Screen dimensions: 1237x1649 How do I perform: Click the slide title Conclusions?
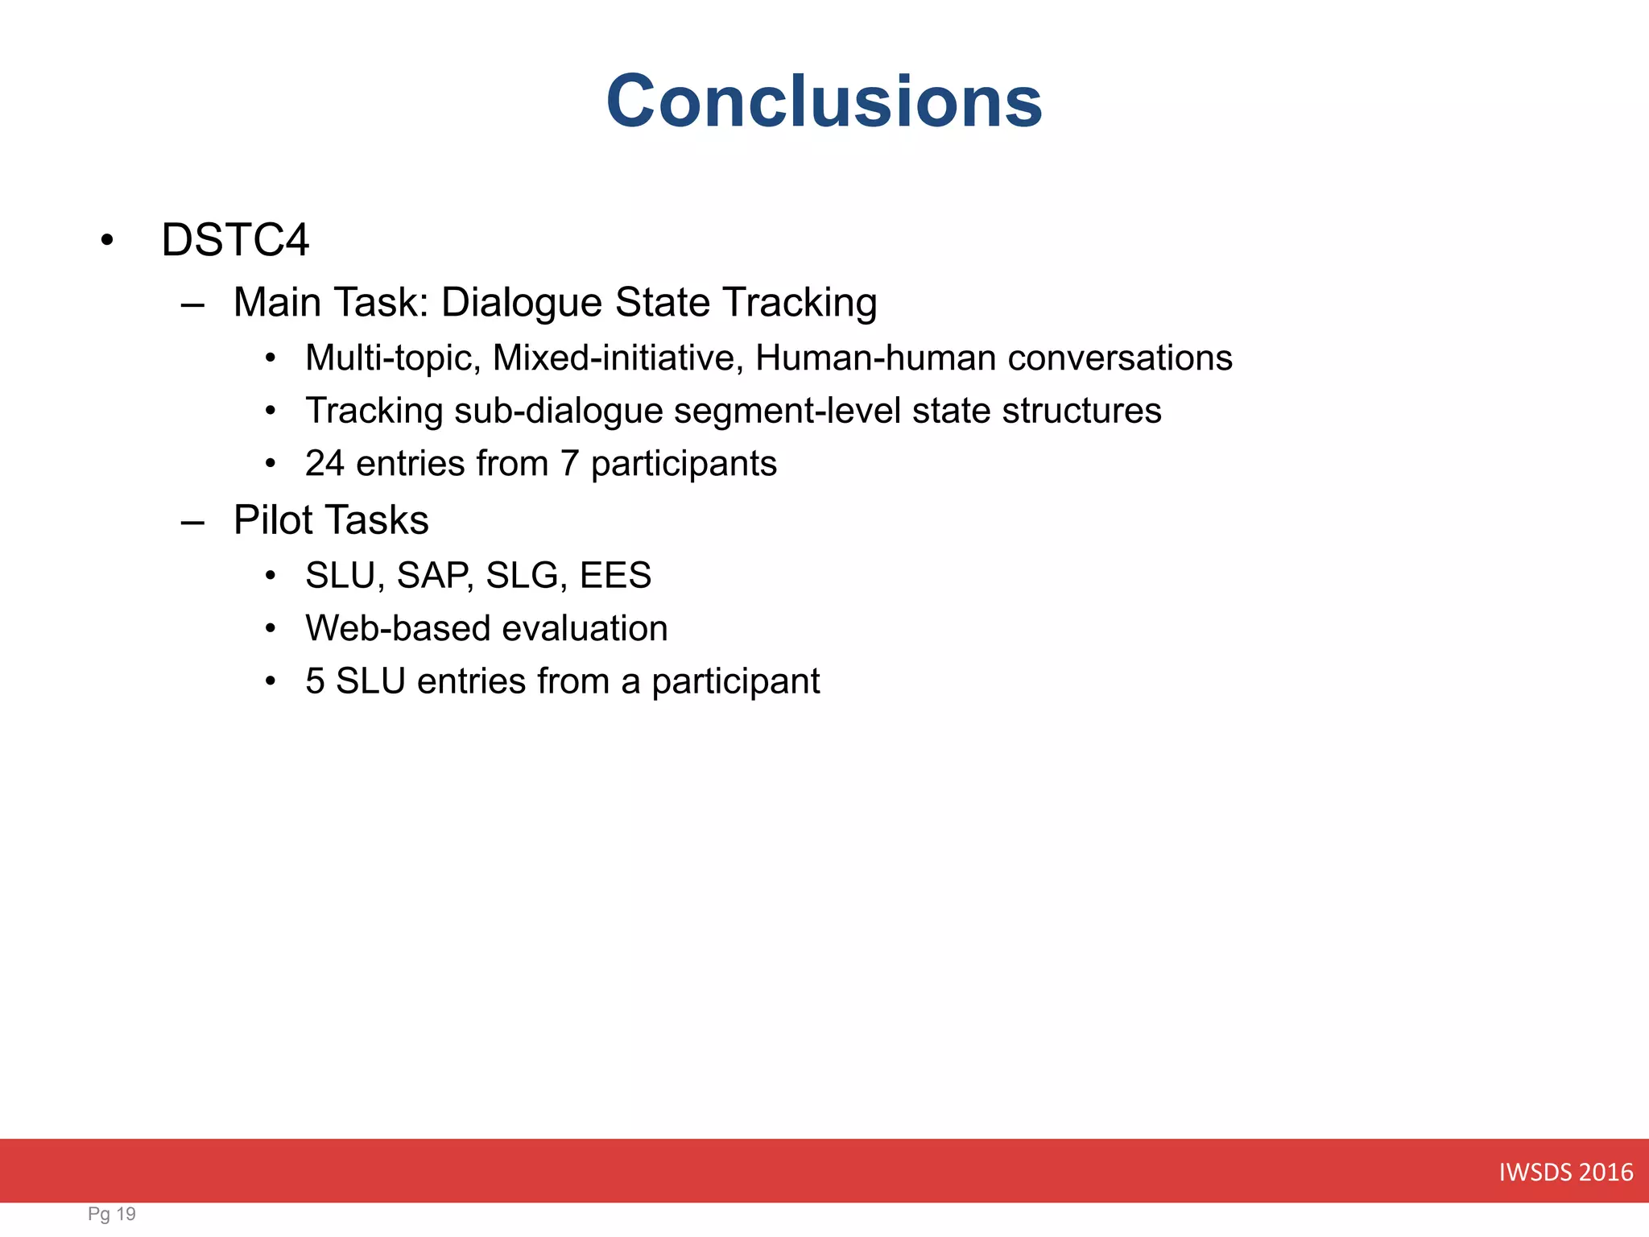point(824,101)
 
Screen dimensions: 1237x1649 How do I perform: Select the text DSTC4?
point(234,240)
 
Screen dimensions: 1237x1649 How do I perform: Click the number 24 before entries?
point(324,464)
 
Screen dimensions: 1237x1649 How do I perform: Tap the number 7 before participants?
point(569,464)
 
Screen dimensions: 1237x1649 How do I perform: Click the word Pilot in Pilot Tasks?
point(273,520)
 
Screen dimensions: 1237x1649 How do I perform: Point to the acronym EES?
point(615,576)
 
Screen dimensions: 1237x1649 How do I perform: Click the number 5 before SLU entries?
point(315,681)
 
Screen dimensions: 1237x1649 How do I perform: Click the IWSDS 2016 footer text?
point(1565,1172)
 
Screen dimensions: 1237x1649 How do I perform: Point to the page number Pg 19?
point(112,1214)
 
